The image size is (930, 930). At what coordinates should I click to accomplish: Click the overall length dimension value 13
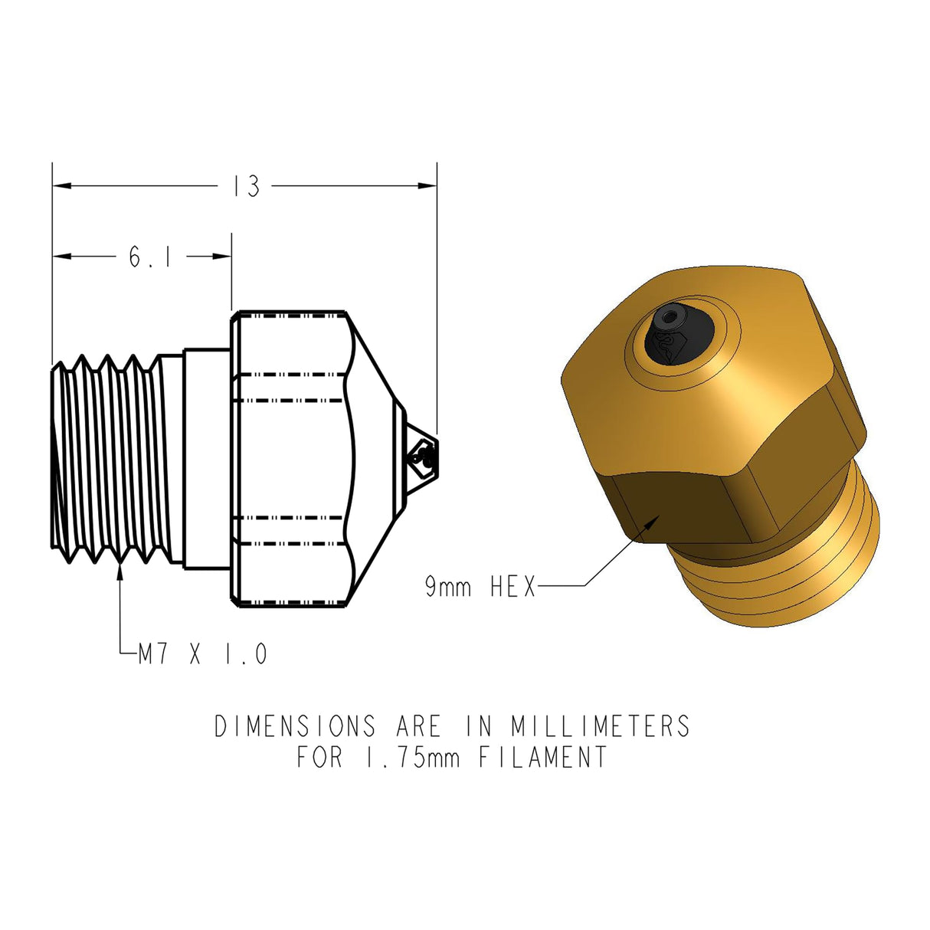247,186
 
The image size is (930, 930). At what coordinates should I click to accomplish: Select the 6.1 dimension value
149,257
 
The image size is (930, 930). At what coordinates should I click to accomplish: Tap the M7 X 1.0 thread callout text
203,655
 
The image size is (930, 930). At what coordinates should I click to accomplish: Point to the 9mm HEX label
480,588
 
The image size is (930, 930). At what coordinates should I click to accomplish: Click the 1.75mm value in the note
408,758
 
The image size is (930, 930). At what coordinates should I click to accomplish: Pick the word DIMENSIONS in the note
296,726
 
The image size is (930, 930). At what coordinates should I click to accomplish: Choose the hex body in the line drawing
291,460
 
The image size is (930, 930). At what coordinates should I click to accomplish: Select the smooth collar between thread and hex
207,460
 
